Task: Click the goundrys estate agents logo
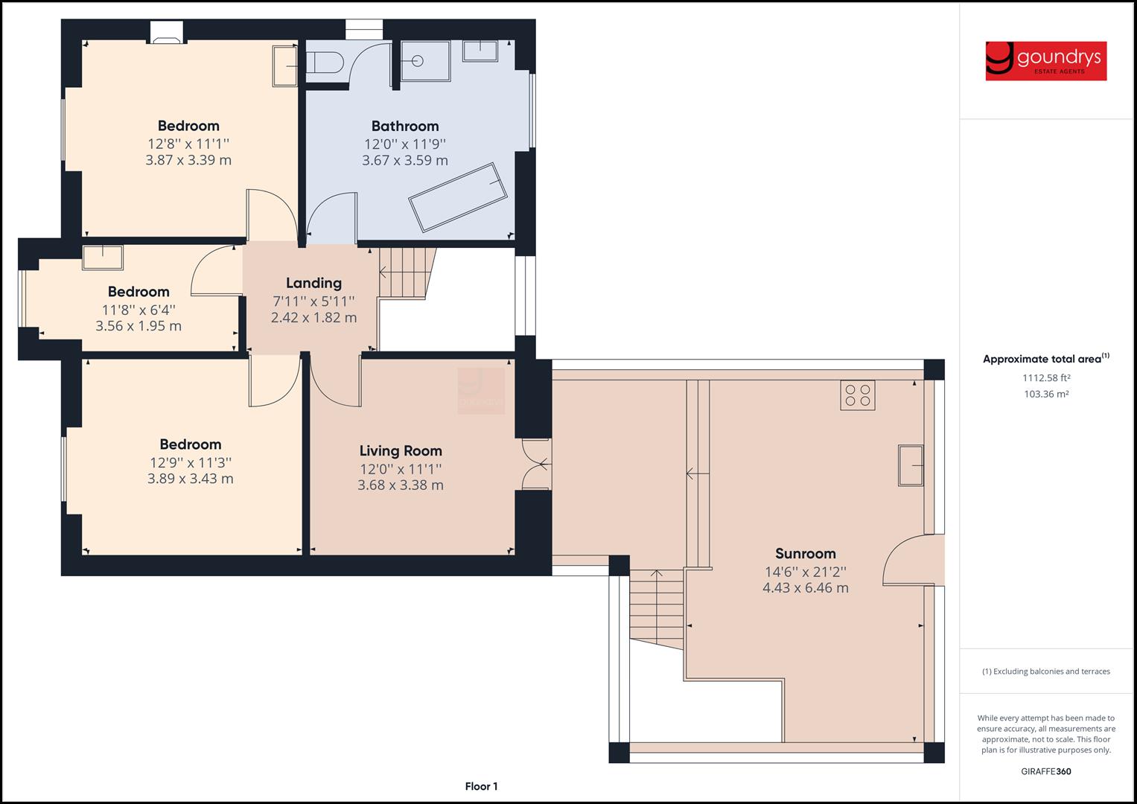pyautogui.click(x=1045, y=60)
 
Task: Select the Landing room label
pyautogui.click(x=313, y=283)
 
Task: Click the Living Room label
pyautogui.click(x=401, y=450)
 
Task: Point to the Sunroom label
pyautogui.click(x=805, y=553)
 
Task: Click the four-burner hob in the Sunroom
pyautogui.click(x=858, y=395)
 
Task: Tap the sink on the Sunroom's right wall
pyautogui.click(x=911, y=465)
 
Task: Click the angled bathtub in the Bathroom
pyautogui.click(x=458, y=197)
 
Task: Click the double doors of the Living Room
pyautogui.click(x=536, y=465)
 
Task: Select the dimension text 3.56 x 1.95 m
pyautogui.click(x=138, y=326)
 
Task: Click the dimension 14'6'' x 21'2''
pyautogui.click(x=805, y=572)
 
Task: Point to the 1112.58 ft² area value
pyautogui.click(x=1045, y=377)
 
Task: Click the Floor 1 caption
pyautogui.click(x=481, y=786)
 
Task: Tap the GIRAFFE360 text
pyautogui.click(x=1045, y=771)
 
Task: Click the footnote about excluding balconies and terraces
pyautogui.click(x=1045, y=671)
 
